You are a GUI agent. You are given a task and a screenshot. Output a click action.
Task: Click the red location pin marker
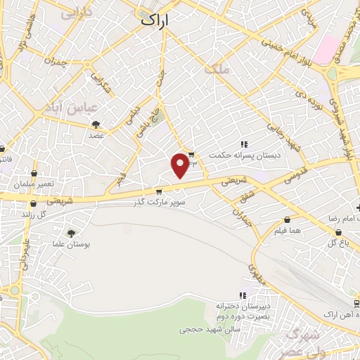(181, 165)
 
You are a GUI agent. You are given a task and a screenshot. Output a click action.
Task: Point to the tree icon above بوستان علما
(71, 233)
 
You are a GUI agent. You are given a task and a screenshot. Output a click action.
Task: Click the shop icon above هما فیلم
(288, 219)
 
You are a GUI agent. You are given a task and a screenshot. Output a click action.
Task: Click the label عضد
(96, 135)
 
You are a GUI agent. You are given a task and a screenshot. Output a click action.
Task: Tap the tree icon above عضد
(96, 124)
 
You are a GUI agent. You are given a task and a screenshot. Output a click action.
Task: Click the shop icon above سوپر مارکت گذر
(159, 191)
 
